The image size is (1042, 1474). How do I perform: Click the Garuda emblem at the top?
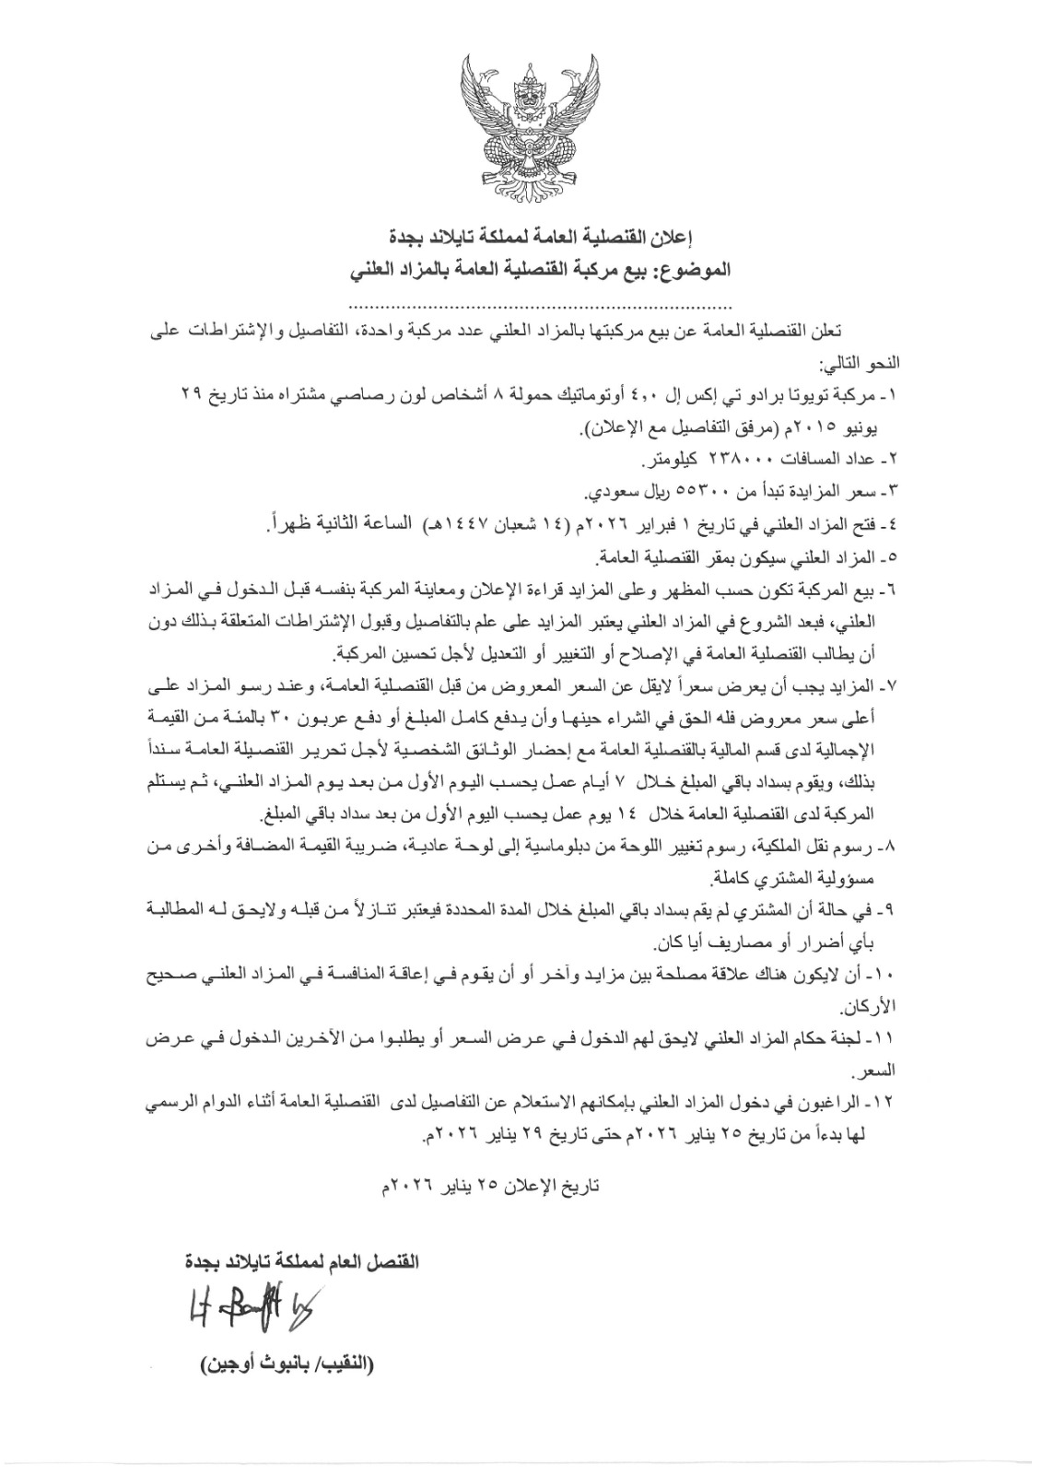pyautogui.click(x=521, y=128)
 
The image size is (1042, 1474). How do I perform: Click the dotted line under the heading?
pyautogui.click(x=541, y=305)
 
